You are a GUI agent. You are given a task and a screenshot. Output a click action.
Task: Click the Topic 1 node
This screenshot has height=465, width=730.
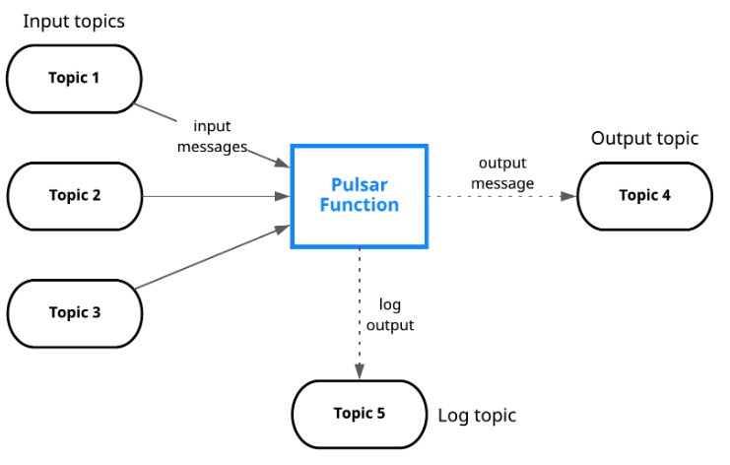pos(75,78)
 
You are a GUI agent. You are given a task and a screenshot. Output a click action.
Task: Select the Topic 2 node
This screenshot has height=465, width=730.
pos(75,195)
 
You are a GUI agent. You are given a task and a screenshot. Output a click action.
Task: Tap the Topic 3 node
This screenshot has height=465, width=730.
pos(75,313)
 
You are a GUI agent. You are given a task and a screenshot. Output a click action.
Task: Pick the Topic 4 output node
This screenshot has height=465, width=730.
pos(644,195)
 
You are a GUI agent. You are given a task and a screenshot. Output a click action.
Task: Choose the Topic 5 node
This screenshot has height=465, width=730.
pos(360,414)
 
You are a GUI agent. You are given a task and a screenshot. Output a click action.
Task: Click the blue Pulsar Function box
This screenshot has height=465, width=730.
pos(359,195)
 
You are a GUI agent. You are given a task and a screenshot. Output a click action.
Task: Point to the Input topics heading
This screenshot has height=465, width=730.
pos(74,21)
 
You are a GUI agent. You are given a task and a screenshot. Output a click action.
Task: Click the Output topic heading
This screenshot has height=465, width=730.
pos(644,139)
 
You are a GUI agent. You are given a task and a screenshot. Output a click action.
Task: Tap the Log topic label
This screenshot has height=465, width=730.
pos(477,416)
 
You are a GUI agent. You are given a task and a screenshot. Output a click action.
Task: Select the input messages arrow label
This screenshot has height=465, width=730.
pos(211,136)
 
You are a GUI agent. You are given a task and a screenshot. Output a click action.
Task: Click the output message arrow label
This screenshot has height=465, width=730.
pos(502,172)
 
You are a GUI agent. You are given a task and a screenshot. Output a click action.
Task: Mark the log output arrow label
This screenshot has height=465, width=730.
pos(397,314)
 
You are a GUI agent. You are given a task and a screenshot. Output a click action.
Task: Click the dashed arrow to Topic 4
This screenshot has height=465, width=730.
pos(498,196)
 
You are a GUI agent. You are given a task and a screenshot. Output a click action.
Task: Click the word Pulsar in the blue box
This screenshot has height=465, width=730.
pos(359,184)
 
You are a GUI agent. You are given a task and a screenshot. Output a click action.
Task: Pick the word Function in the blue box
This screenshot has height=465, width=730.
pos(359,205)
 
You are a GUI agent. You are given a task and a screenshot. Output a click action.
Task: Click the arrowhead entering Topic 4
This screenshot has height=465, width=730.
pos(568,196)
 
